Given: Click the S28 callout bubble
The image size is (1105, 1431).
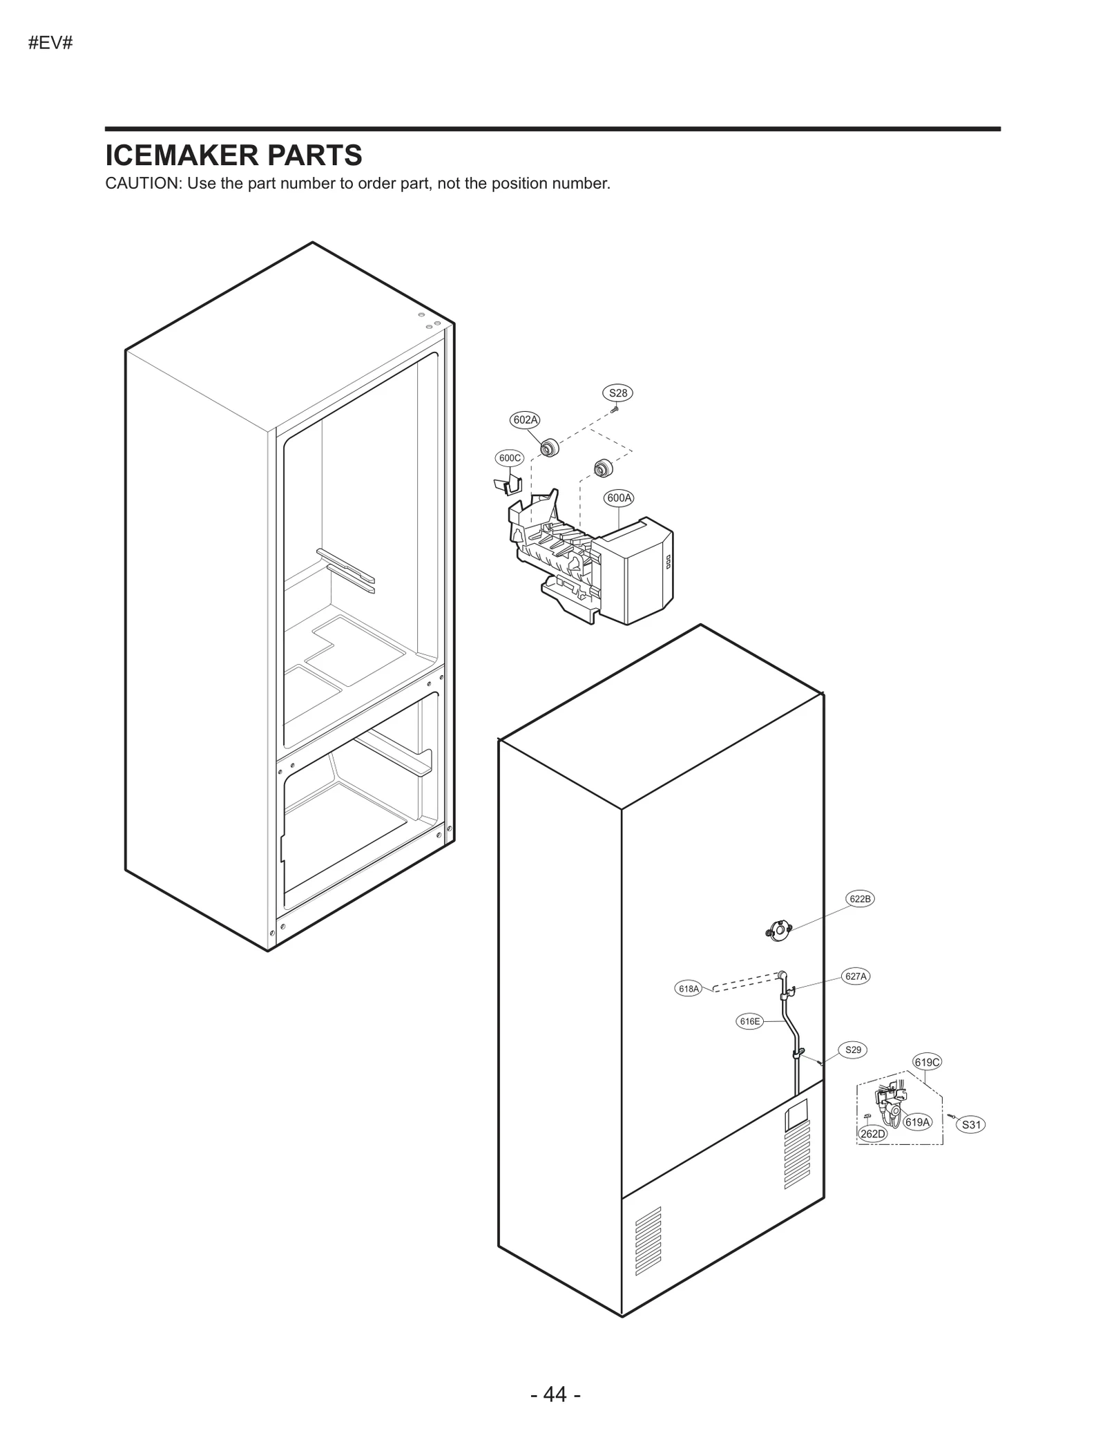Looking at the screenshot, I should pos(617,393).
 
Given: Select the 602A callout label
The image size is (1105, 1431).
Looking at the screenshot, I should pos(525,419).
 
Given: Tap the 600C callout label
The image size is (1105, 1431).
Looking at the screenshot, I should pos(510,457).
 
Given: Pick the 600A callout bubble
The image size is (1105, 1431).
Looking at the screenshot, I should pos(619,497).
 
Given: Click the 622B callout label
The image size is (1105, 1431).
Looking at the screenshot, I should pos(860,899).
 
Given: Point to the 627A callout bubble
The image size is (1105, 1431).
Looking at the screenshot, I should pos(856,976).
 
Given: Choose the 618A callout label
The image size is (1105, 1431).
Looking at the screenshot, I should pos(689,989).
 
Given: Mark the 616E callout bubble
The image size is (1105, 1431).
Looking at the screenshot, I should pos(749,1021).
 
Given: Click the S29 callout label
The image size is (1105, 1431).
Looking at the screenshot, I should pos(853,1050).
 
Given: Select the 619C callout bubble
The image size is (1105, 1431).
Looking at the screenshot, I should pos(927,1062).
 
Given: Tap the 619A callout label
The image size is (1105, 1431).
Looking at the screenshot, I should pos(917,1122).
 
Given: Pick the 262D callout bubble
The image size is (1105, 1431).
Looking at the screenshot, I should pos(872,1134).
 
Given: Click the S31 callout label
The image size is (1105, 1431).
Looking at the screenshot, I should pos(971,1125).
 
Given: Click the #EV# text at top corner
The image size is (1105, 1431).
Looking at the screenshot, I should pos(50,43).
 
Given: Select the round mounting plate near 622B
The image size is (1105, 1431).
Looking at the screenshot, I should pos(779,930).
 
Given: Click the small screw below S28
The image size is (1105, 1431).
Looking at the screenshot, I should pos(614,410).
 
